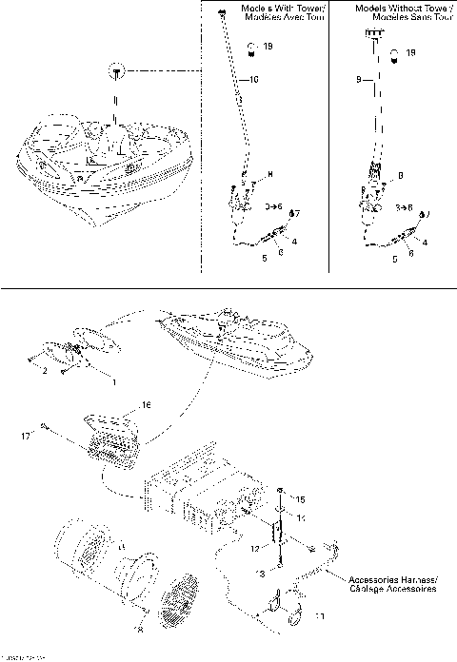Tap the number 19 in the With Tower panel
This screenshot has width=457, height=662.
[x=268, y=47]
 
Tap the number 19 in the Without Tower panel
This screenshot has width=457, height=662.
[x=409, y=53]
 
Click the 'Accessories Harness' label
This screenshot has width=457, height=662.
[x=392, y=584]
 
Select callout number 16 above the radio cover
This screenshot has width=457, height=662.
[x=146, y=404]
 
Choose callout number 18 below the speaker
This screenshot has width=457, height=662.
[x=141, y=630]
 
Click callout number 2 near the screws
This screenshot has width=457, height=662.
[x=43, y=370]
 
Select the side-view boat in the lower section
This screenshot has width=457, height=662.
[x=233, y=339]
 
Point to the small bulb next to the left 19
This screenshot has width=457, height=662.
[x=251, y=46]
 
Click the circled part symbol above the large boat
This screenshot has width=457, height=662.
[x=115, y=72]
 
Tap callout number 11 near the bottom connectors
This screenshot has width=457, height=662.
[x=318, y=616]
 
